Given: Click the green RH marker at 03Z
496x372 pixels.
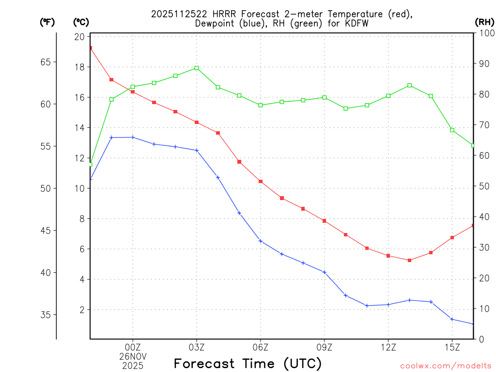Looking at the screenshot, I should (197, 68).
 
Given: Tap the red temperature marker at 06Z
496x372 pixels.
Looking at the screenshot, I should (261, 181).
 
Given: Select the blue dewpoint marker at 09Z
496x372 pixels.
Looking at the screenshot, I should (325, 272).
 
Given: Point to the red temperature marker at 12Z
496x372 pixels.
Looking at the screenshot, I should (388, 256).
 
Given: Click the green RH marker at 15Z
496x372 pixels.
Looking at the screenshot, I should (452, 130).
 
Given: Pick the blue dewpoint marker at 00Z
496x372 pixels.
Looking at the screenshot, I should (133, 137).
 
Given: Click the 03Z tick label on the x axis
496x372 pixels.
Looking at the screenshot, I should (197, 347).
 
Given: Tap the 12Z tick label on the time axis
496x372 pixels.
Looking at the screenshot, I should (388, 347).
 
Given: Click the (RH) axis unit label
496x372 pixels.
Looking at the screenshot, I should (484, 22).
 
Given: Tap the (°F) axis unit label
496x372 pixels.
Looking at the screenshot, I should (47, 22).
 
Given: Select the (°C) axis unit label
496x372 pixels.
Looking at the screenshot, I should (81, 22).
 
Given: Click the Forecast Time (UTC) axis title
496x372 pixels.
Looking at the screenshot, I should (248, 363).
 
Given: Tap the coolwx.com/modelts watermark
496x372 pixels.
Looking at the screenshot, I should (446, 366).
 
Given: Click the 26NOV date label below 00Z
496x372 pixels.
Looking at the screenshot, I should (133, 356).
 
